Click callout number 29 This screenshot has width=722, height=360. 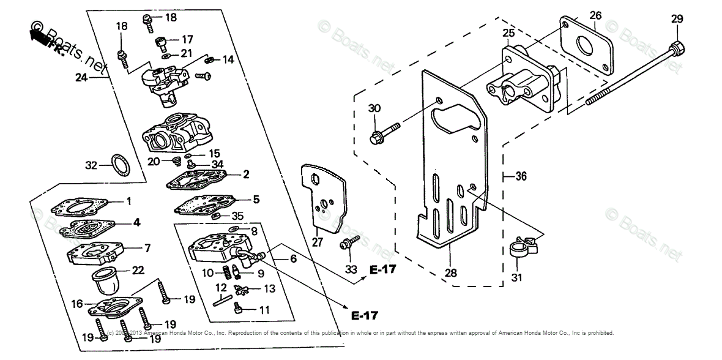click(x=676, y=20)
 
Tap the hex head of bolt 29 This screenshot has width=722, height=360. click(x=676, y=47)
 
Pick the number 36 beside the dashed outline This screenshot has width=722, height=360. click(x=520, y=177)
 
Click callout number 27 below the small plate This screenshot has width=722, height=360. click(x=318, y=243)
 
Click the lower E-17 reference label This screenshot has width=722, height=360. click(x=365, y=316)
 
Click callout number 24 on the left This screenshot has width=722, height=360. click(x=81, y=78)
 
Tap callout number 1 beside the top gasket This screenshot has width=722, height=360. click(x=128, y=201)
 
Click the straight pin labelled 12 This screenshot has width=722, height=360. click(x=221, y=299)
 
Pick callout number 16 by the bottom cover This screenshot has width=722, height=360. click(x=77, y=304)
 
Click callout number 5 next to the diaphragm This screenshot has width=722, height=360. click(x=256, y=199)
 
